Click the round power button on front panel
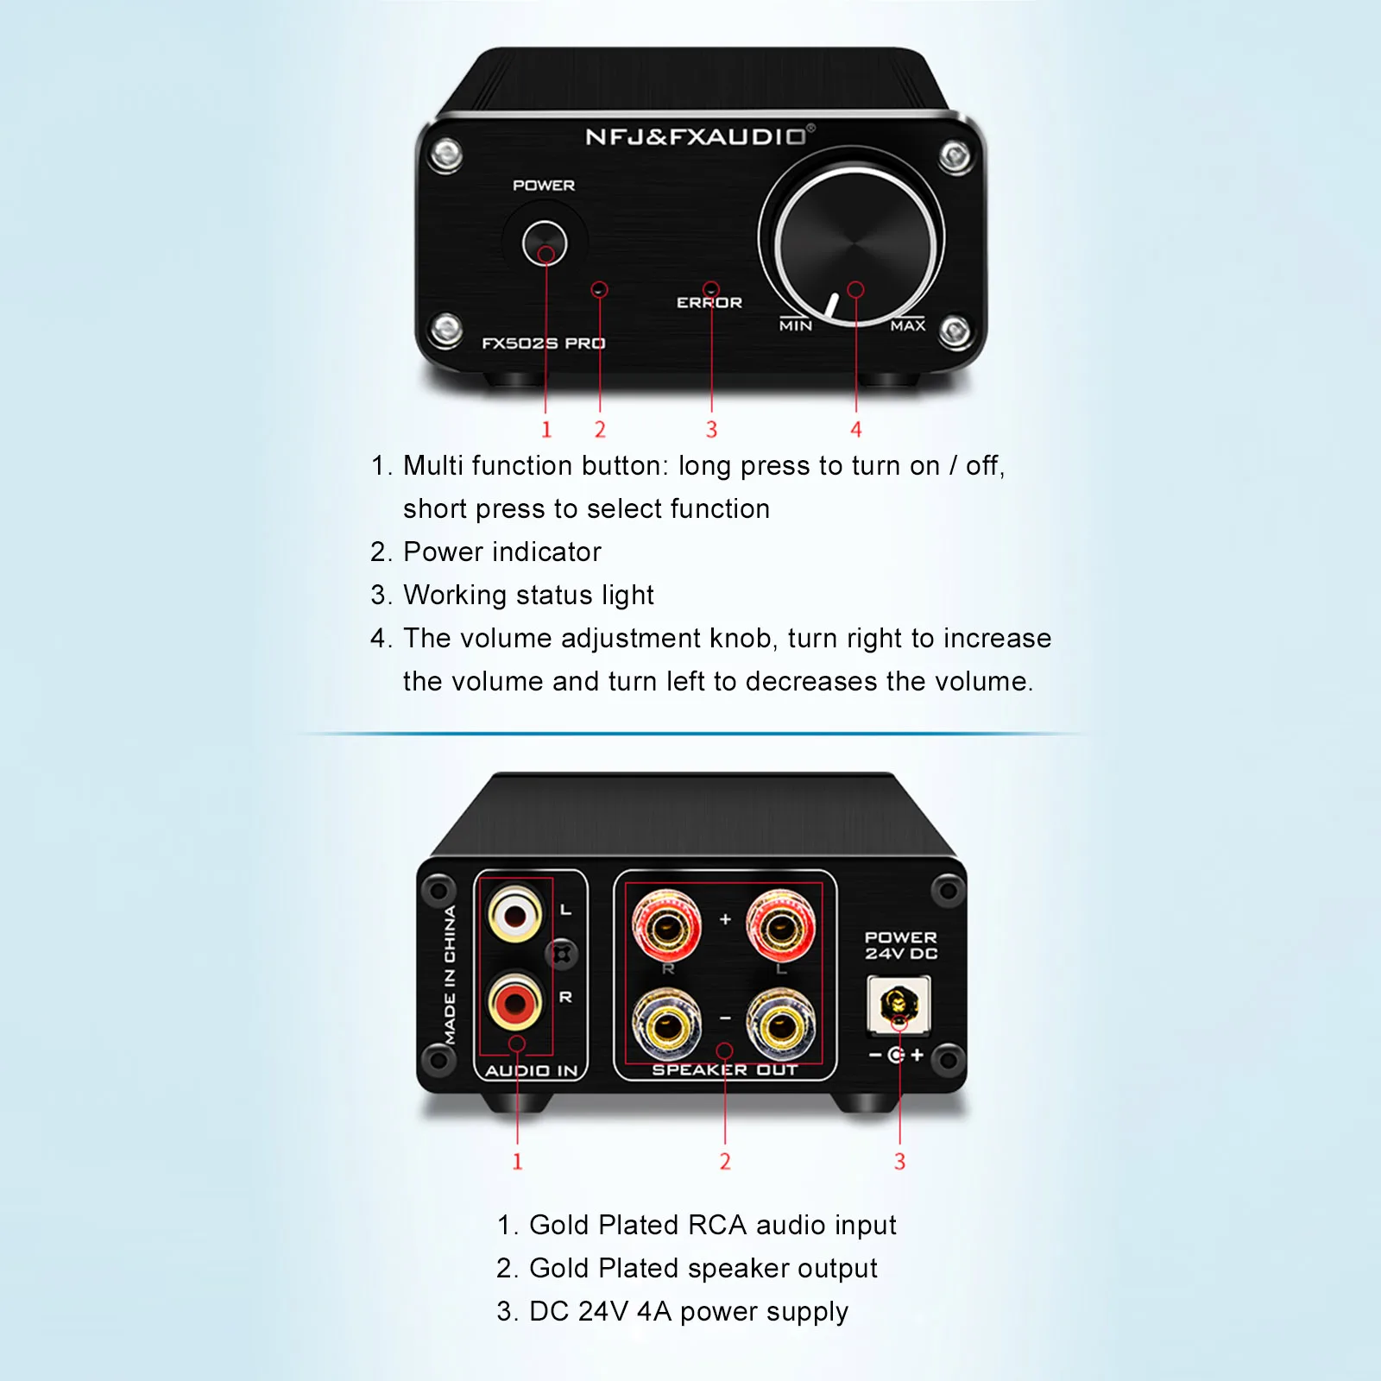point(545,243)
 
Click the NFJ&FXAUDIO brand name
point(697,137)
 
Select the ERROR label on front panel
point(709,303)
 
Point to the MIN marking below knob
point(795,326)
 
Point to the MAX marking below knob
point(908,326)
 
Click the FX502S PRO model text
point(544,344)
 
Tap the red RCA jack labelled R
point(515,1003)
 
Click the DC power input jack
point(898,1005)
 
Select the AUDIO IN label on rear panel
point(531,1071)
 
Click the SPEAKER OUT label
point(725,1070)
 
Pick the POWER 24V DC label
point(901,945)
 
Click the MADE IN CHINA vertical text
point(450,975)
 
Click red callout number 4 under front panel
point(855,430)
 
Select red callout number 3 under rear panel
point(899,1162)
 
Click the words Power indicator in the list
point(501,552)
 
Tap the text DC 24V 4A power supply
point(688,1312)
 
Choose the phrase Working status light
point(528,596)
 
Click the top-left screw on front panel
point(446,154)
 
